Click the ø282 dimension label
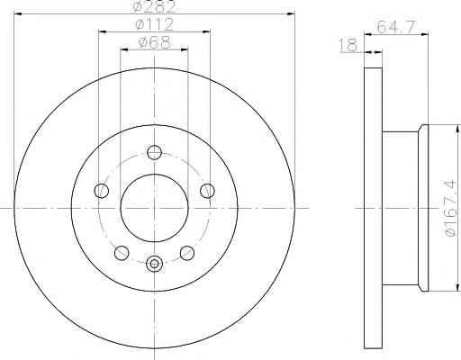pyautogui.click(x=154, y=6)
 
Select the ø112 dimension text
pyautogui.click(x=154, y=24)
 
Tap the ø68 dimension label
pyautogui.click(x=154, y=42)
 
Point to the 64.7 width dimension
pyautogui.click(x=396, y=26)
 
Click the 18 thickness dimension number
pyautogui.click(x=348, y=45)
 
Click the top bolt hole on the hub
pyautogui.click(x=154, y=152)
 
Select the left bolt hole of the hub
pyautogui.click(x=102, y=191)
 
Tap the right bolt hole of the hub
pyautogui.click(x=207, y=191)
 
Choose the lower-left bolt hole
pyautogui.click(x=122, y=253)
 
